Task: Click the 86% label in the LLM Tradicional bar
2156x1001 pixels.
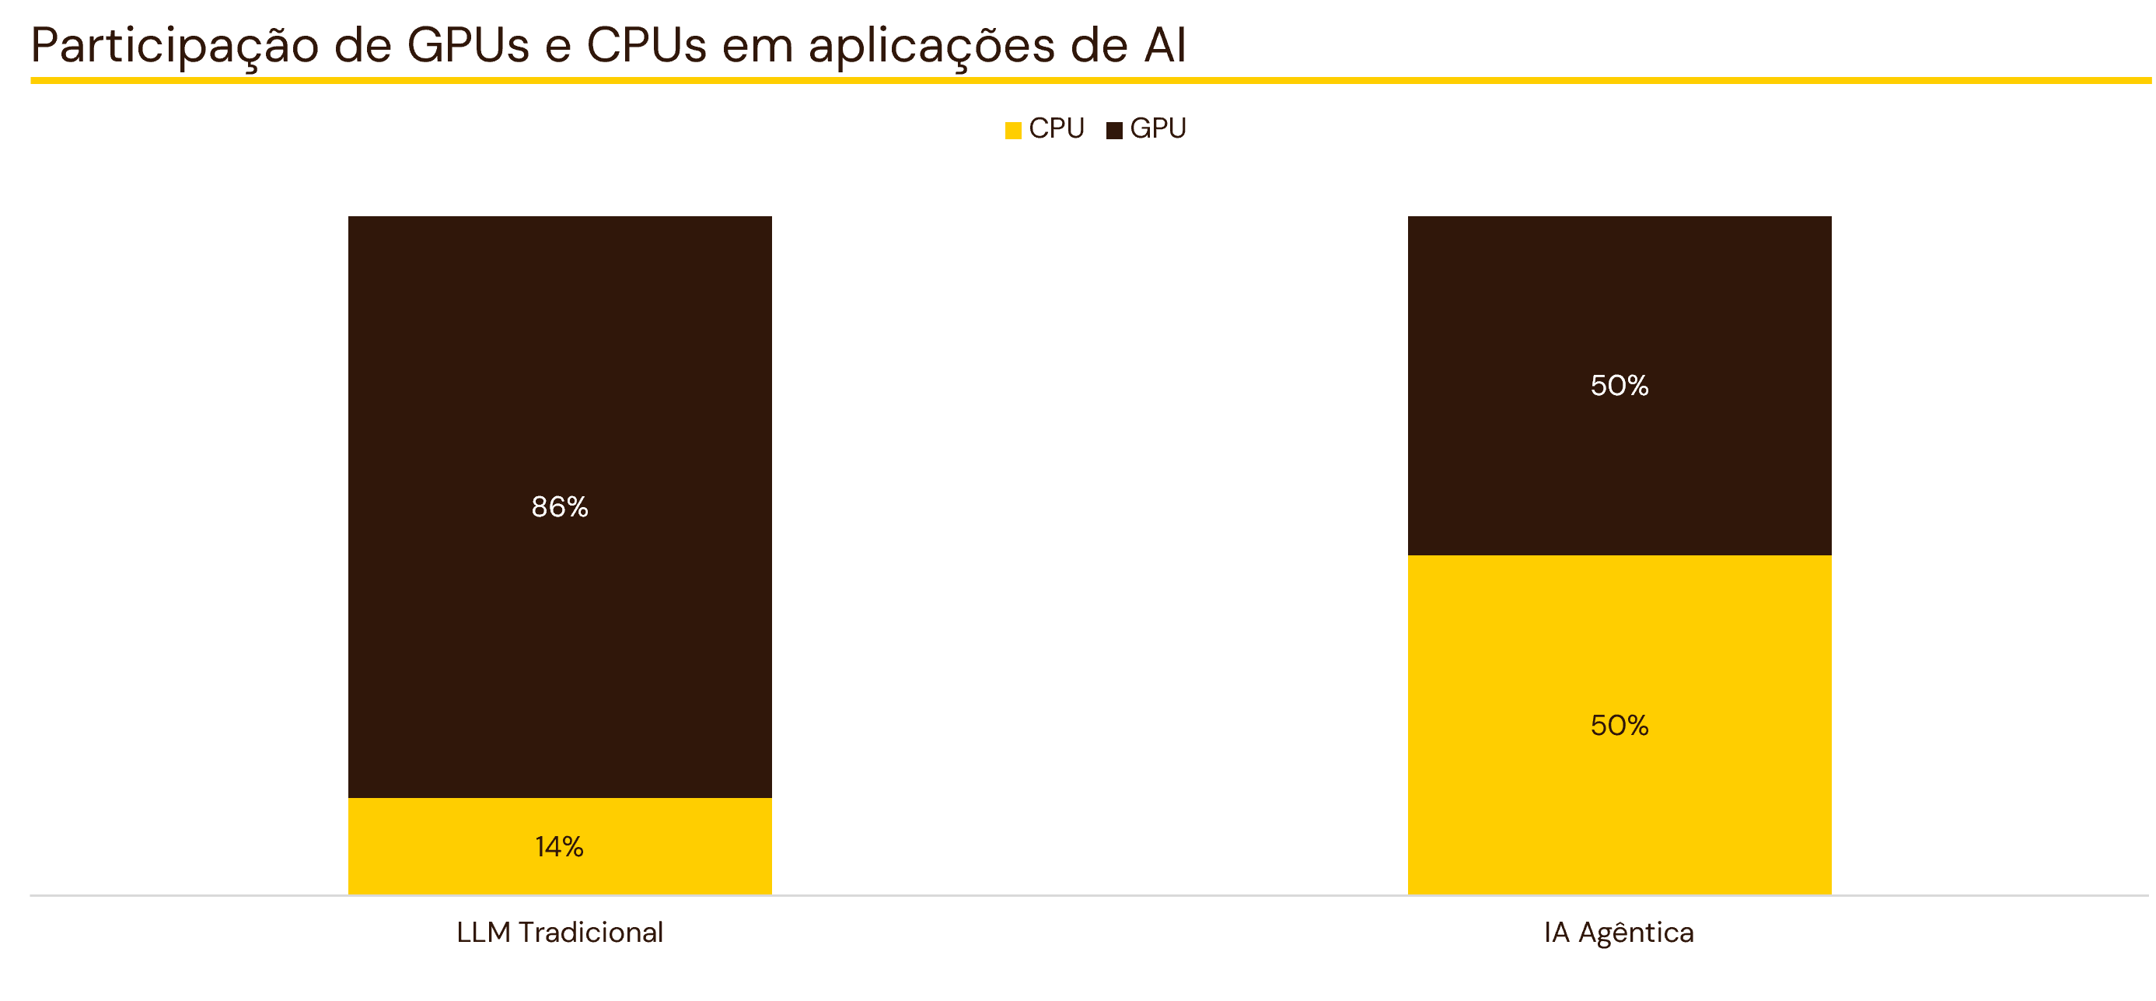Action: tap(560, 507)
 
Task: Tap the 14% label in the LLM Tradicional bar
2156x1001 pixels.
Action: tap(560, 847)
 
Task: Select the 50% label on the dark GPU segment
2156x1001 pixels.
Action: tap(1620, 386)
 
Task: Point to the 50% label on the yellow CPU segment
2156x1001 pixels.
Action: tap(1620, 725)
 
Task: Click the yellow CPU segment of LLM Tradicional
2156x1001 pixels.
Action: tap(560, 846)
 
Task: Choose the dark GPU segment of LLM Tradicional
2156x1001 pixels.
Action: tap(560, 507)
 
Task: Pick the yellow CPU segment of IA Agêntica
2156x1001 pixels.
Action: tap(1620, 725)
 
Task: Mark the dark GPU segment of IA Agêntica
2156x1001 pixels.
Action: tap(1620, 386)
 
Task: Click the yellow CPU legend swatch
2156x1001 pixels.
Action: tap(1014, 131)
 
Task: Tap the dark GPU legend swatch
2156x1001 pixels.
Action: tap(1114, 131)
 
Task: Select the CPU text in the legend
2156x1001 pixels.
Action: tap(1057, 129)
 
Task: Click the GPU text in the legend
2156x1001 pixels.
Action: tap(1158, 129)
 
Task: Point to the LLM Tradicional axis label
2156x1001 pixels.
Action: tap(560, 933)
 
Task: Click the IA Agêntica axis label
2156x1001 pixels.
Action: tap(1620, 933)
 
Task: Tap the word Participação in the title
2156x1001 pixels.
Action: tap(175, 47)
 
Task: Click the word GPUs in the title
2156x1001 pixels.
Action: tap(469, 45)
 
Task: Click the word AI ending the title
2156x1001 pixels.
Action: tap(1165, 45)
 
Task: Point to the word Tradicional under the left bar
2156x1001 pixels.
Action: tap(591, 933)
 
